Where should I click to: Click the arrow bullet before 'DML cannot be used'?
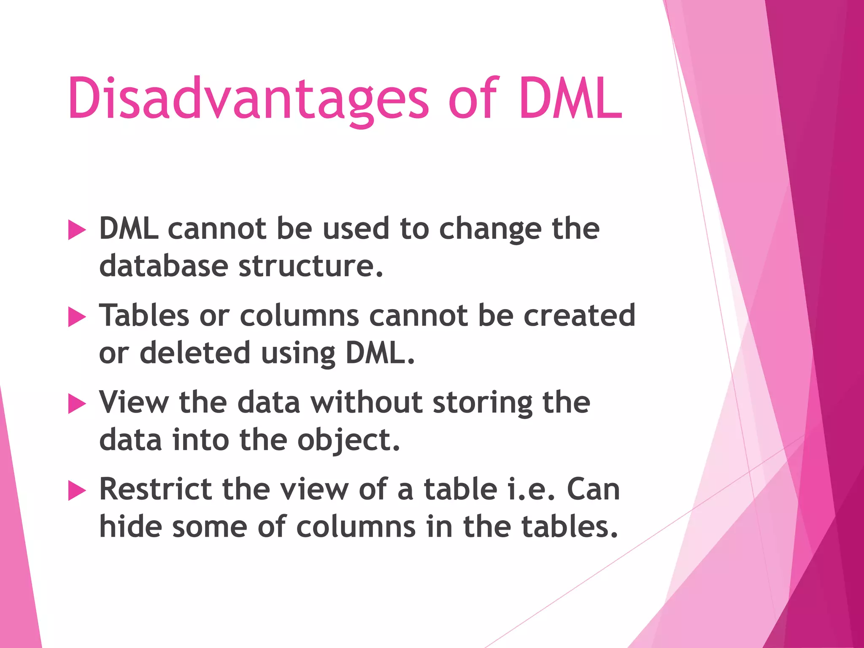coord(77,230)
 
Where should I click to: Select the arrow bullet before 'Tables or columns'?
coord(77,317)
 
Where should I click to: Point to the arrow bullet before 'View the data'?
coord(77,404)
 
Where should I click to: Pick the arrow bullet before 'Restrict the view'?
coord(77,491)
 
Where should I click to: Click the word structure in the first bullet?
coord(311,267)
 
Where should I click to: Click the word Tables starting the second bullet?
coord(144,316)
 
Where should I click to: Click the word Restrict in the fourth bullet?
coord(156,489)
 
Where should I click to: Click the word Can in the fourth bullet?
coord(593,489)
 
